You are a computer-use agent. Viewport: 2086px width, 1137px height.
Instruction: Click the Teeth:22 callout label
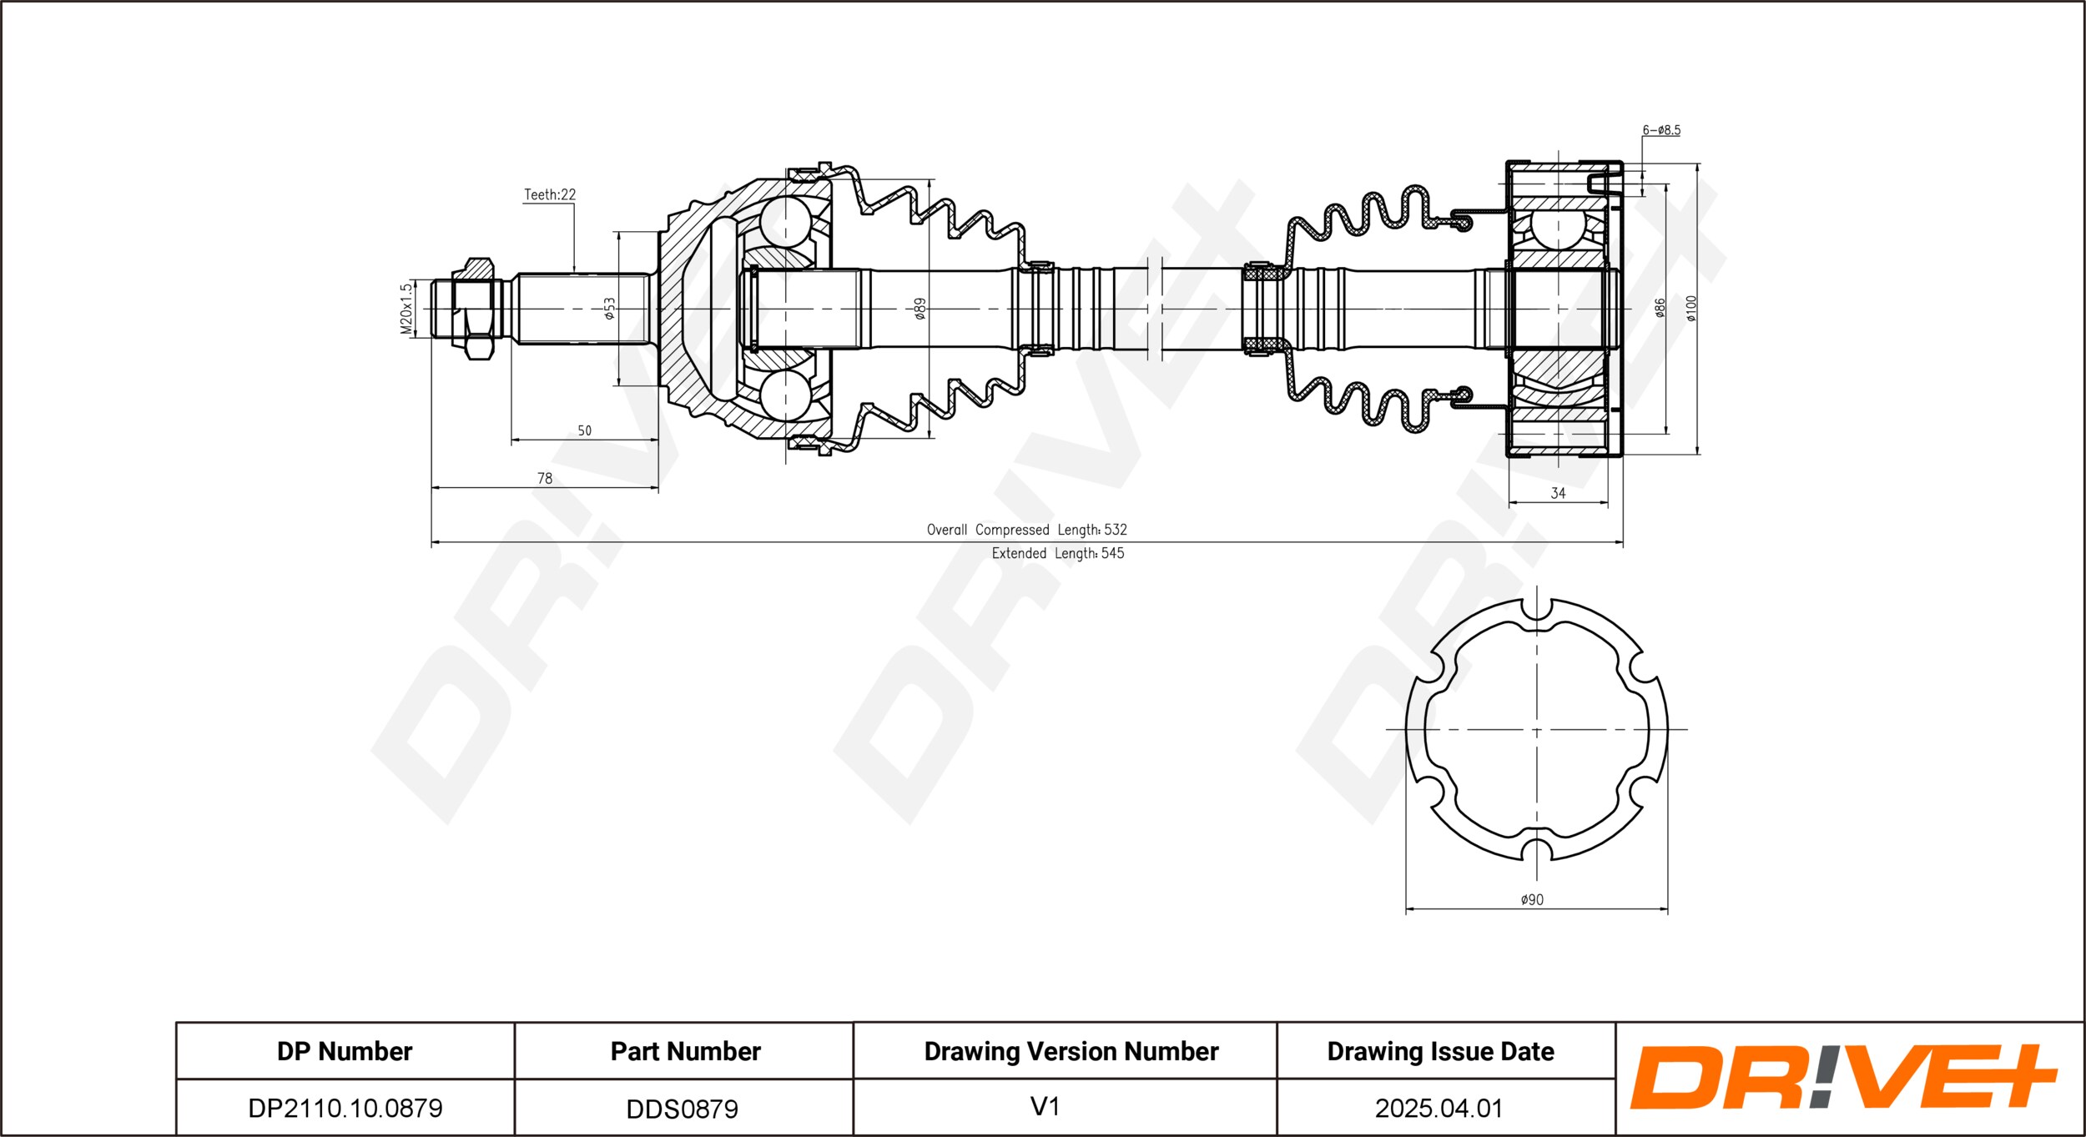[550, 194]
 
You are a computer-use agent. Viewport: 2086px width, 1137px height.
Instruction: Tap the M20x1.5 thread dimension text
[406, 309]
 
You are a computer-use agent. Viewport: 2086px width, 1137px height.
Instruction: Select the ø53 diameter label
[610, 309]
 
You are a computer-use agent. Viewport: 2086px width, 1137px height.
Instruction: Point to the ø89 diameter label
[920, 309]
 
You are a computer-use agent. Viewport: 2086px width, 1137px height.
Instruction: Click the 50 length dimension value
[585, 431]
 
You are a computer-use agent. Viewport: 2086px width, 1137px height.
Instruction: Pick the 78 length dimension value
[545, 479]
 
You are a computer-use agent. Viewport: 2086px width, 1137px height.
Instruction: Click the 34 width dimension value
[1558, 494]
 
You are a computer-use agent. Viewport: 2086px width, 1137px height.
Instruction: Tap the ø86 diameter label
[1660, 309]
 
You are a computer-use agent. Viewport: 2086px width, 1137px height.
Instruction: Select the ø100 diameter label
[1691, 309]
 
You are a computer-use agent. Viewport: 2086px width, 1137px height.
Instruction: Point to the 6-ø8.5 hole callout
[1661, 130]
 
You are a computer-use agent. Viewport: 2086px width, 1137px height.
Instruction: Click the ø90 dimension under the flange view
[1532, 900]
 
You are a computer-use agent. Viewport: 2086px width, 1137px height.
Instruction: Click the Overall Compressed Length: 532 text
[1026, 530]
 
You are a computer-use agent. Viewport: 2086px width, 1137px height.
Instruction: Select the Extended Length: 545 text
[1058, 553]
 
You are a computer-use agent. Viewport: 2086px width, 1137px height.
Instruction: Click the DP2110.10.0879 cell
[345, 1108]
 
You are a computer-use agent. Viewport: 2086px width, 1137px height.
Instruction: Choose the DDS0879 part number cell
[683, 1109]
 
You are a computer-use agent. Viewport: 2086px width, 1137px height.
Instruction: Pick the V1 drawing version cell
[1045, 1107]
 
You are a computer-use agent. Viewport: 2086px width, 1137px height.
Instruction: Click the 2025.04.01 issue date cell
[1439, 1108]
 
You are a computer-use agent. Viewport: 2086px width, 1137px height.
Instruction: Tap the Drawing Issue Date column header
[1441, 1052]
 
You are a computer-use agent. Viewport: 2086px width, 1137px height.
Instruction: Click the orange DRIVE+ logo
[1843, 1076]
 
